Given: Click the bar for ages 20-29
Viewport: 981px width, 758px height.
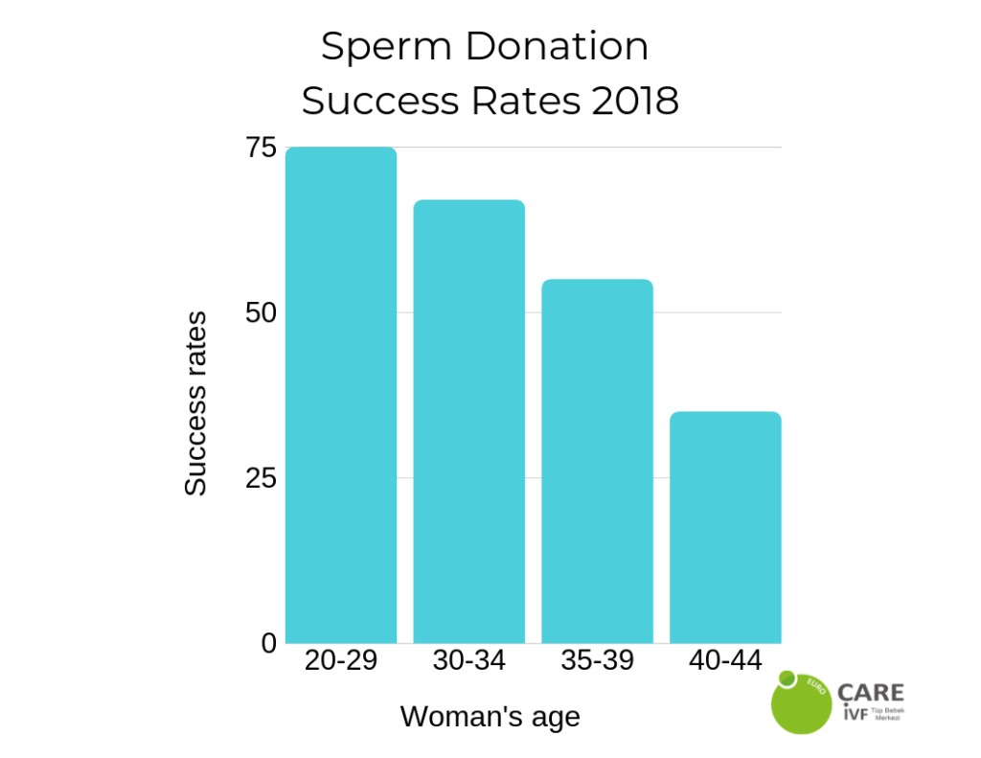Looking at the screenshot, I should pos(341,395).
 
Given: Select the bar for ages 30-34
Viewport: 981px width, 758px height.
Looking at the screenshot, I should pos(468,422).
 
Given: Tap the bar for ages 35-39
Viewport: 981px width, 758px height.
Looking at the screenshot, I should pos(597,461).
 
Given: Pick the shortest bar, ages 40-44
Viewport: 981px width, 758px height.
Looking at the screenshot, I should pos(725,527).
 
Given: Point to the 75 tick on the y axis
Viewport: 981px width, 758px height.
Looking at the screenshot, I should pos(261,148).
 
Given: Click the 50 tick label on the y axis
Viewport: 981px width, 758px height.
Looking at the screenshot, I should pos(261,313).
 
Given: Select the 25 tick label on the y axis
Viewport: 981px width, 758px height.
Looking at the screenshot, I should pos(261,478).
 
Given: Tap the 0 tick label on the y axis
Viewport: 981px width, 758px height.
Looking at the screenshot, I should pos(269,643).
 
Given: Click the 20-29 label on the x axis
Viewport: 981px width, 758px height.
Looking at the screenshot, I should pos(341,661).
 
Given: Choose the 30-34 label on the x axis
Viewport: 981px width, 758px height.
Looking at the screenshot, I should pos(468,661).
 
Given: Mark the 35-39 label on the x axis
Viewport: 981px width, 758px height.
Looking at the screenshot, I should pos(597,661).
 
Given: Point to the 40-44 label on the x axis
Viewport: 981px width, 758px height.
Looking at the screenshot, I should pos(725,661).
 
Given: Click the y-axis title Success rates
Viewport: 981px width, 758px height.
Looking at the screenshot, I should pos(196,403).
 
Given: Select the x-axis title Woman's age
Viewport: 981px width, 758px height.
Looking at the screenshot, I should pos(490,717).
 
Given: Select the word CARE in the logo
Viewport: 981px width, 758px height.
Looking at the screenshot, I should pos(870,693).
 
